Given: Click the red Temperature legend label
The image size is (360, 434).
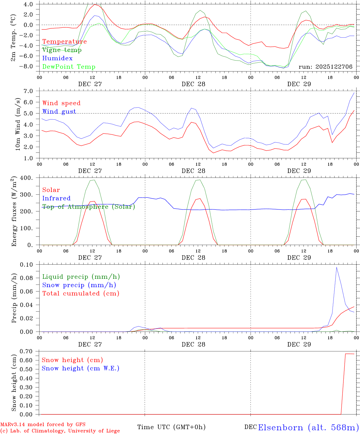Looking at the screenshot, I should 65,42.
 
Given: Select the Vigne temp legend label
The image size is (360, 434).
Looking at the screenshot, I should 62,50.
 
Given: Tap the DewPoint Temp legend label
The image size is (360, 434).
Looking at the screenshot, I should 69,67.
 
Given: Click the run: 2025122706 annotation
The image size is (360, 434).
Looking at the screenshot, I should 325,67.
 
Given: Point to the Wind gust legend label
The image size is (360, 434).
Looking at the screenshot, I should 59,112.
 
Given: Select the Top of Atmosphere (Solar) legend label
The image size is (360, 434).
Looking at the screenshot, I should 89,207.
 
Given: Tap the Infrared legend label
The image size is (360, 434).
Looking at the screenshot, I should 56,198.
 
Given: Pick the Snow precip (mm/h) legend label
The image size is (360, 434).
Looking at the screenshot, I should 79,285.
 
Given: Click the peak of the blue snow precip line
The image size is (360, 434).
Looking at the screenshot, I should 336,267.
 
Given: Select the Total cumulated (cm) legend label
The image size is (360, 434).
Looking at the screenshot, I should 81,294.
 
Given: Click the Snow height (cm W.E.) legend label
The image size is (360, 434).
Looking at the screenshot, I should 81,368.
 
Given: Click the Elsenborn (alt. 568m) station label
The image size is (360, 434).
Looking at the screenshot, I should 308,427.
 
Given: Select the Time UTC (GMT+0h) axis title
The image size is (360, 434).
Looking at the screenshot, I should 171,427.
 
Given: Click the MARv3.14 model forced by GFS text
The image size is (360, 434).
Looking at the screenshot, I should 43,424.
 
